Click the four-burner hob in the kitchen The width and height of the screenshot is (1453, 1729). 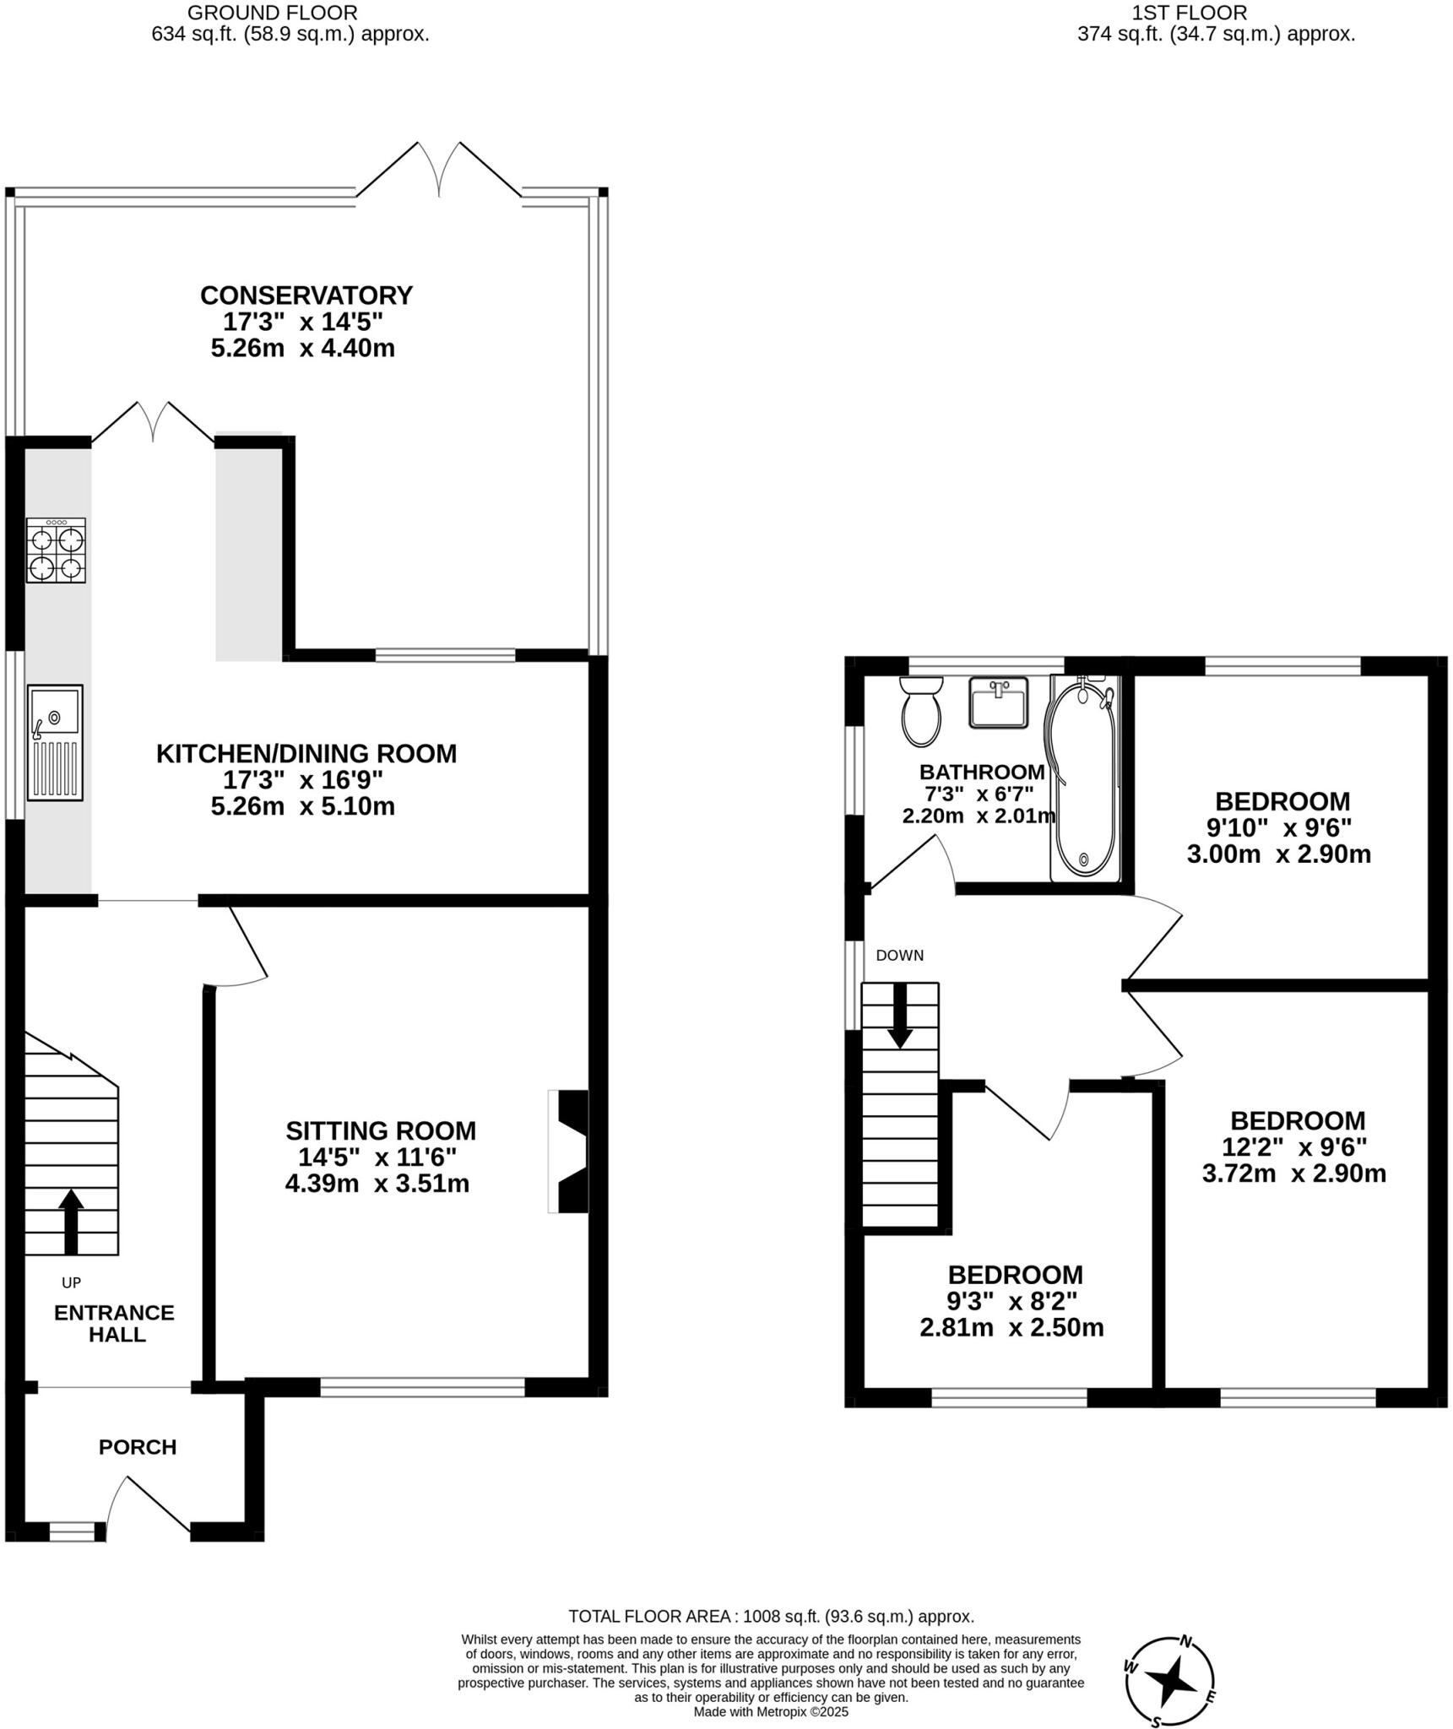pos(56,550)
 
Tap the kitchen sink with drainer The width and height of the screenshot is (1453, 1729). pos(55,742)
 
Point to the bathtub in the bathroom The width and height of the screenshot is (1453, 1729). pos(1083,778)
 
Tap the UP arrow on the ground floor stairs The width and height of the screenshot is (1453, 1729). pos(71,1222)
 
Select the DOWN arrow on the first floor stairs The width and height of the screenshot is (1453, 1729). pos(900,1015)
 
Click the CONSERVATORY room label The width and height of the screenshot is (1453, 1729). pos(306,295)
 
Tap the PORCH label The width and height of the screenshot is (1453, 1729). pos(138,1447)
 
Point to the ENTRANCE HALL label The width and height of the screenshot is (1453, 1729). pos(114,1324)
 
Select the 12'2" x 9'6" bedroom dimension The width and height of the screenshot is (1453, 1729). pos(1293,1146)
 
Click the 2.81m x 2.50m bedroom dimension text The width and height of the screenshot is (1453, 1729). pos(1011,1328)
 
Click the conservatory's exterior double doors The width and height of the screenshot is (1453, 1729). pos(439,169)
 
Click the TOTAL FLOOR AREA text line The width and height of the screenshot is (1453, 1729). pos(771,1617)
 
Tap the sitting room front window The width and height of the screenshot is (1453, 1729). pos(422,1386)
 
